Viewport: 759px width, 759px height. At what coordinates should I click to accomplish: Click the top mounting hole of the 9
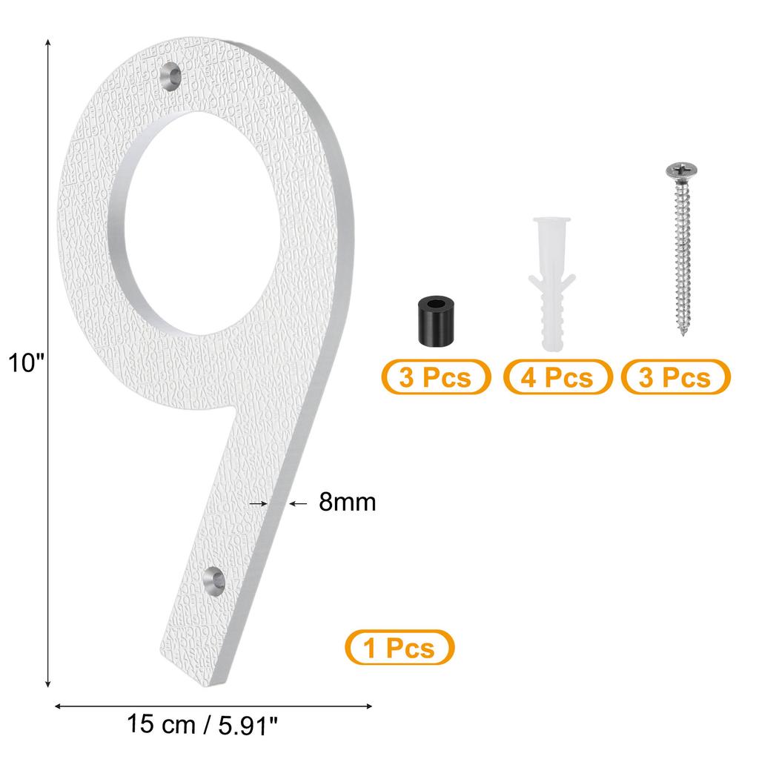click(172, 76)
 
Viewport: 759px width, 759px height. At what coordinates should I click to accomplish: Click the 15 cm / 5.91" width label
click(202, 724)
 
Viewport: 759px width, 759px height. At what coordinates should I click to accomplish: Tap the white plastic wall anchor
click(551, 282)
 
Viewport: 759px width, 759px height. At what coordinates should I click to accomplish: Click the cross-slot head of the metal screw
click(678, 172)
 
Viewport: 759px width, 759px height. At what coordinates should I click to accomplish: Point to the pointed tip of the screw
click(683, 334)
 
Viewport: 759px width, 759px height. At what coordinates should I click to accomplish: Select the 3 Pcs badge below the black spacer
click(435, 377)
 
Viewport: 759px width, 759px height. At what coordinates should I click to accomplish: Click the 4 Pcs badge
click(557, 377)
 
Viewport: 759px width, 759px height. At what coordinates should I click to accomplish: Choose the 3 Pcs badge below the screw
click(675, 377)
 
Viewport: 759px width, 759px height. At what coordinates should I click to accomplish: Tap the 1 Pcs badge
click(399, 649)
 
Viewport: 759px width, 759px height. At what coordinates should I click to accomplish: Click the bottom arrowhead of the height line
click(49, 685)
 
